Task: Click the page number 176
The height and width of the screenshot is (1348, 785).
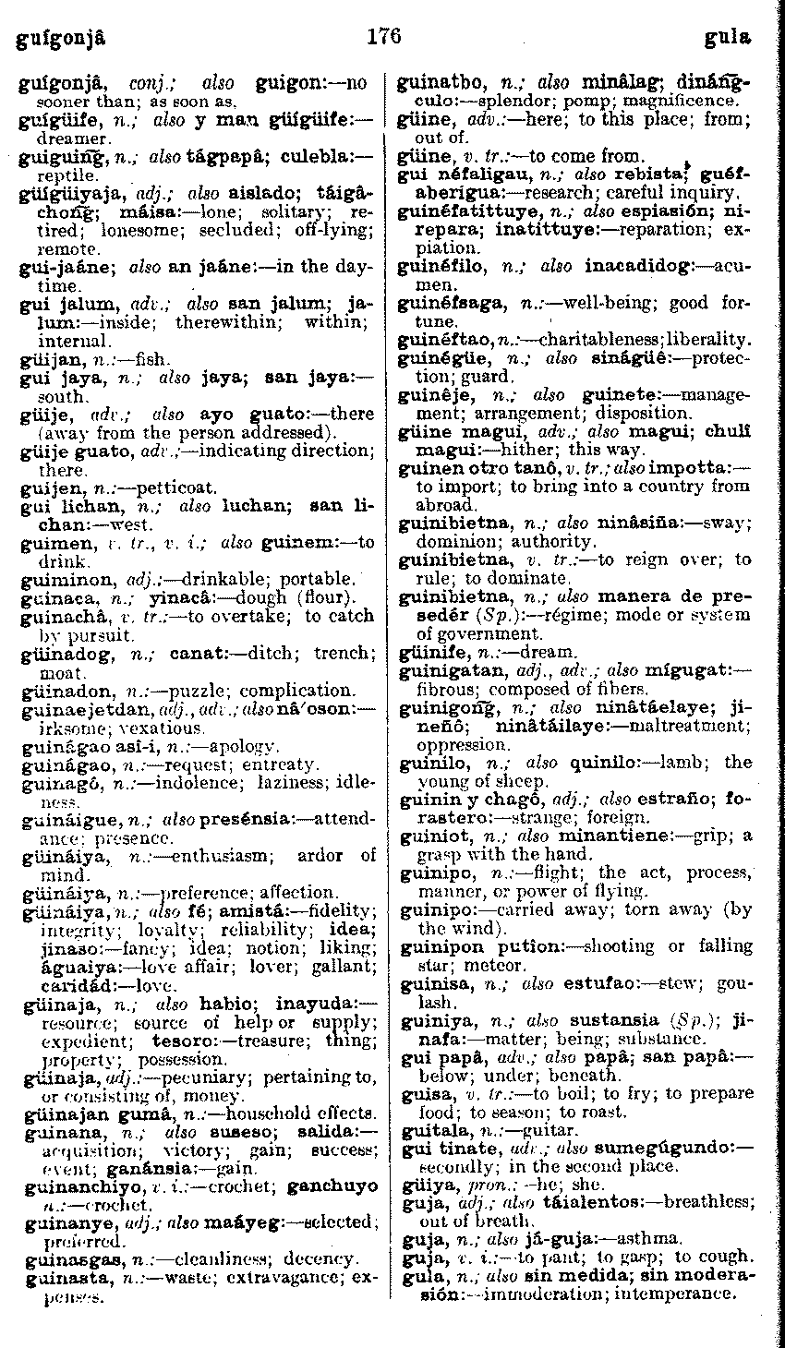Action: [383, 37]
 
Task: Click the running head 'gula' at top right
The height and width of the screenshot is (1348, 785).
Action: [728, 39]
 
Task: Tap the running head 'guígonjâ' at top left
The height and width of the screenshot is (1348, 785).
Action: [56, 40]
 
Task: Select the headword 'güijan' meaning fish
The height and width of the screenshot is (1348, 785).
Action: [43, 357]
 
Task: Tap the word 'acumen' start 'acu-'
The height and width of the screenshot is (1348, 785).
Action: [730, 267]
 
